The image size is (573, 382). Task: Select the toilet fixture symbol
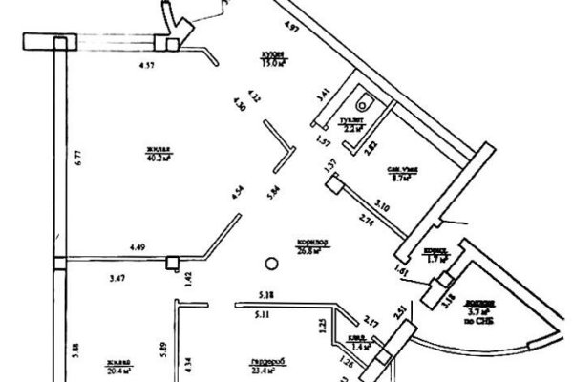click(x=363, y=99)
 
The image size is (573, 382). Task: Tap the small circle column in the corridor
click(x=271, y=265)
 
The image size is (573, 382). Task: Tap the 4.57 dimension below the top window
click(x=147, y=67)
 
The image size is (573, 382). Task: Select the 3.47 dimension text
click(x=117, y=278)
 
